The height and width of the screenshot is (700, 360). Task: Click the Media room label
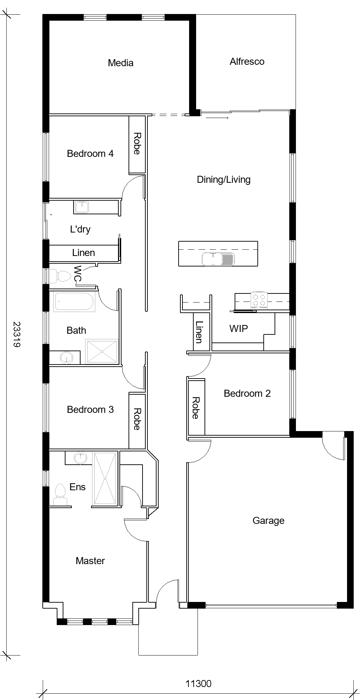coord(120,63)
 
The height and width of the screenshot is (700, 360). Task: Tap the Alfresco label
coord(247,62)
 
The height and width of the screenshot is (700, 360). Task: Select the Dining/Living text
coord(224,180)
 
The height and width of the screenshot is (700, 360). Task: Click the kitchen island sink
coord(218,259)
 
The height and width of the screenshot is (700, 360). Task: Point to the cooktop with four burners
coord(259,300)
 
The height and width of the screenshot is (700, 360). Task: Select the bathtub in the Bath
coord(74,302)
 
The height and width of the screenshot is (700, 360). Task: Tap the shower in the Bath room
coord(102,352)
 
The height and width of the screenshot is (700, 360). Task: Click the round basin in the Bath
coord(66,358)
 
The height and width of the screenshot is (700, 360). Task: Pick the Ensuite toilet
coord(60,495)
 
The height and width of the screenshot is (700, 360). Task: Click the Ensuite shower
coord(105,479)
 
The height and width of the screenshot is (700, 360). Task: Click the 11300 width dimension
coord(199,683)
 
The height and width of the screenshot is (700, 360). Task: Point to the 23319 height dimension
coord(16,334)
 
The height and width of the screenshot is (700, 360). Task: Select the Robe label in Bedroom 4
coord(137,144)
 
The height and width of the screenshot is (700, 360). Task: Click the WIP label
coord(238,328)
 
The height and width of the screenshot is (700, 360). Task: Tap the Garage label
coord(268,521)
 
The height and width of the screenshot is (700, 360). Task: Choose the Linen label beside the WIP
coord(199,332)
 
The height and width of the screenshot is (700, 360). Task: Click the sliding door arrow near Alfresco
coord(217,118)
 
